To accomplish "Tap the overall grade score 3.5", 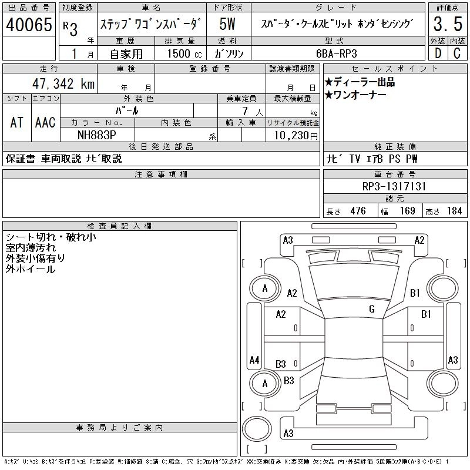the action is pos(446,25).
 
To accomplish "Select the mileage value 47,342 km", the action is pos(60,83).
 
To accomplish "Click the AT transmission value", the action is pos(17,122).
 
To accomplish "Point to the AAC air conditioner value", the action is pos(45,122).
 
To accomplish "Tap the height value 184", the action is pos(454,211).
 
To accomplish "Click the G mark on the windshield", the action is pos(371,309).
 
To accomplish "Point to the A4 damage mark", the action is pos(254,360).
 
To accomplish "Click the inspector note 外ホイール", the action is pos(30,269).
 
